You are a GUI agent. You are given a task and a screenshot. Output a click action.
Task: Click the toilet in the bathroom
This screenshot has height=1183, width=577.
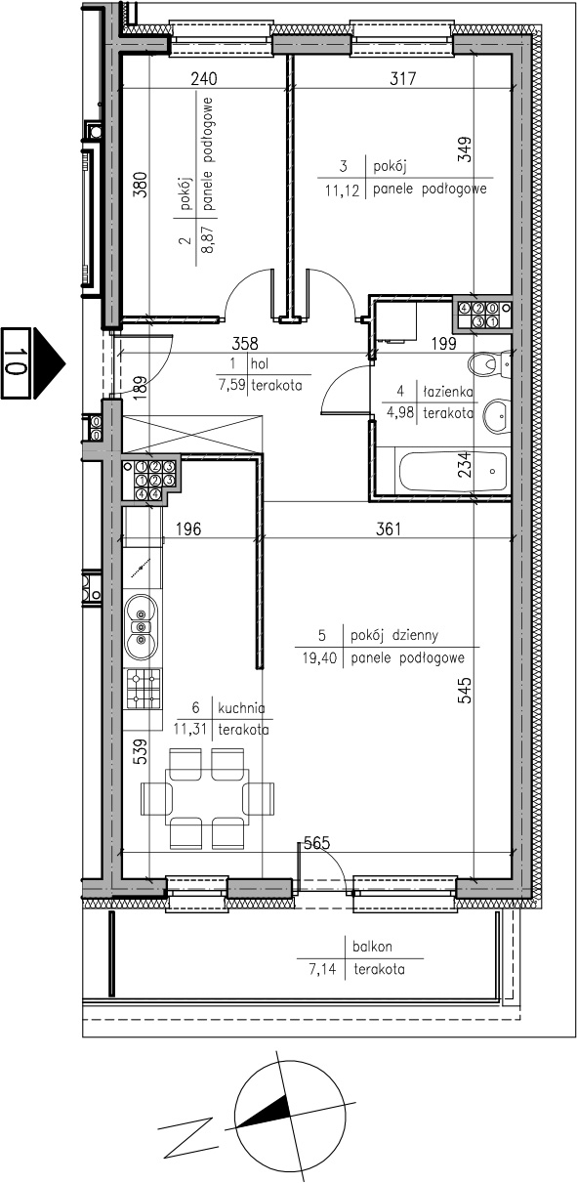(489, 364)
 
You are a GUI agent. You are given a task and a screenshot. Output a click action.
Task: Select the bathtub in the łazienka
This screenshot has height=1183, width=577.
(453, 470)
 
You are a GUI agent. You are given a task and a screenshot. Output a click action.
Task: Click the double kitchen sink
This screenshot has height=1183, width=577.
(141, 627)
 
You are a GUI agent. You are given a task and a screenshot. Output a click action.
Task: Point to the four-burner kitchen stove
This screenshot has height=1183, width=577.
(144, 689)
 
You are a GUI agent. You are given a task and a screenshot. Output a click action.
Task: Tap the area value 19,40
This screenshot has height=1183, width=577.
(319, 658)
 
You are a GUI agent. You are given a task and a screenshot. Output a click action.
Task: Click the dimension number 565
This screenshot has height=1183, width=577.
(316, 843)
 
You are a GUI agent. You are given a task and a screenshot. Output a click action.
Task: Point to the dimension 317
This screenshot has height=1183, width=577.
(403, 79)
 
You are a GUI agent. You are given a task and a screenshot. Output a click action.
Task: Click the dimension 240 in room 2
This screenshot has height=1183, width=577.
(204, 79)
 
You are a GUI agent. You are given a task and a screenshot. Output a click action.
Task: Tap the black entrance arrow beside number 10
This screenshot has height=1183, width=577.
(49, 362)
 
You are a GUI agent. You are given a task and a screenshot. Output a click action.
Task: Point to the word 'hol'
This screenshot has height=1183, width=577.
(260, 363)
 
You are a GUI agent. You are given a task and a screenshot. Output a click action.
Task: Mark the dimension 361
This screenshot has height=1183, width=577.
(389, 528)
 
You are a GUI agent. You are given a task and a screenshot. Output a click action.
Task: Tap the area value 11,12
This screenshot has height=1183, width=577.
(342, 190)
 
